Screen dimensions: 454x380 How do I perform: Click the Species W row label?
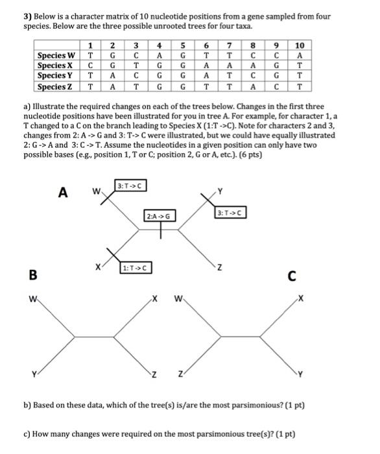pyautogui.click(x=58, y=55)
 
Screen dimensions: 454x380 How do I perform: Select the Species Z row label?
pyautogui.click(x=58, y=86)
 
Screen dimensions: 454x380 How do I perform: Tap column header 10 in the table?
pyautogui.click(x=299, y=45)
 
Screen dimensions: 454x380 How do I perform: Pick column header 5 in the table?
pyautogui.click(x=184, y=45)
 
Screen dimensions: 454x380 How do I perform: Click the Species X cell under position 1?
pyautogui.click(x=90, y=66)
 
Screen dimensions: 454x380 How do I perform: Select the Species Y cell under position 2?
pyautogui.click(x=113, y=76)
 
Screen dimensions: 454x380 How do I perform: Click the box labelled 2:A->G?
pyautogui.click(x=160, y=215)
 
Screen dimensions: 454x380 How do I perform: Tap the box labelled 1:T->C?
pyautogui.click(x=136, y=267)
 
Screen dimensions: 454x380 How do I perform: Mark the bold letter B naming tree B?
pyautogui.click(x=31, y=274)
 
